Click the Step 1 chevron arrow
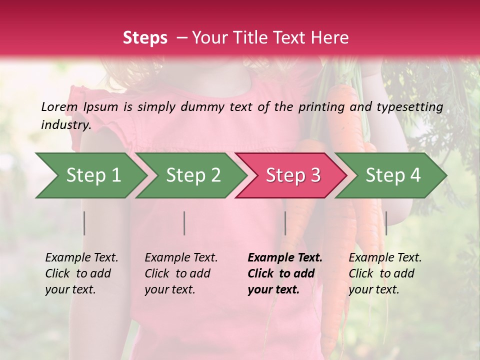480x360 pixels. pyautogui.click(x=93, y=175)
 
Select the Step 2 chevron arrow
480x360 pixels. pyautogui.click(x=193, y=175)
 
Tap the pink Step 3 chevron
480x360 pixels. pyautogui.click(x=293, y=175)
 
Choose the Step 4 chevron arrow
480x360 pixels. pyautogui.click(x=393, y=175)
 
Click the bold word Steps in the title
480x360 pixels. pyautogui.click(x=145, y=38)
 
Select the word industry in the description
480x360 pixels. pyautogui.click(x=65, y=125)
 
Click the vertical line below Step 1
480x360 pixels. pyautogui.click(x=84, y=223)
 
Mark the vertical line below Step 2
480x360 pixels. pyautogui.click(x=184, y=223)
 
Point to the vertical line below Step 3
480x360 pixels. pyautogui.click(x=285, y=223)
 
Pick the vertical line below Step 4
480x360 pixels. pyautogui.click(x=386, y=223)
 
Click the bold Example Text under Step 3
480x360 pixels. pyautogui.click(x=285, y=258)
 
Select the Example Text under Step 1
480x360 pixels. pyautogui.click(x=81, y=258)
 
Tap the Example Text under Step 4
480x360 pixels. pyautogui.click(x=385, y=258)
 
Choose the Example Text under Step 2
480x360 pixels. pyautogui.click(x=181, y=258)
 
